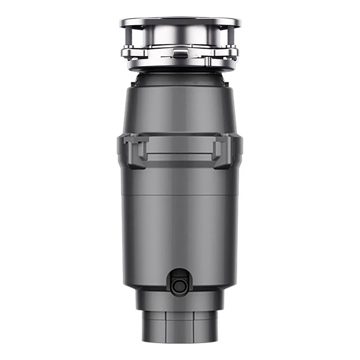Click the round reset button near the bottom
[180, 283]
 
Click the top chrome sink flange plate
[180, 21]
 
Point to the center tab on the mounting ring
[179, 54]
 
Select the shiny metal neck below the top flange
[180, 36]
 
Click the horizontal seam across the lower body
[180, 195]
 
